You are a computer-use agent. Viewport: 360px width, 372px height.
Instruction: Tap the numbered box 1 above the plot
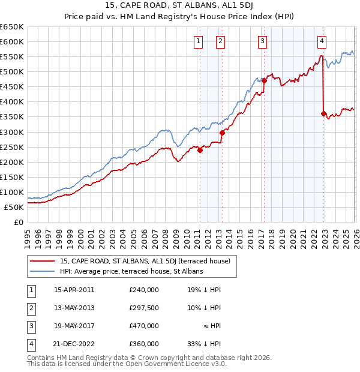[199, 41]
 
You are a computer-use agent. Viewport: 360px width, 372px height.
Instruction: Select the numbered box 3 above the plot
[263, 41]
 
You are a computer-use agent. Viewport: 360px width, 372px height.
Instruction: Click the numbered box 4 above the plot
[322, 41]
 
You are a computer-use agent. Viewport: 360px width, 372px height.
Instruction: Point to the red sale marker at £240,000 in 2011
[200, 151]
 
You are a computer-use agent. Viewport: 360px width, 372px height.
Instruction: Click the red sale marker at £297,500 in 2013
[222, 133]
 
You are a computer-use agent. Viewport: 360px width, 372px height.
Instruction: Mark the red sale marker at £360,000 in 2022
[324, 114]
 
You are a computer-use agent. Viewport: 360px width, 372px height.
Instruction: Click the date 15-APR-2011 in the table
[74, 290]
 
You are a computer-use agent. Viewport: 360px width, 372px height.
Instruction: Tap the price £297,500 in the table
[144, 308]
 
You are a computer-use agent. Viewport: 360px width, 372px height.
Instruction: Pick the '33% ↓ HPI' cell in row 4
[204, 344]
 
